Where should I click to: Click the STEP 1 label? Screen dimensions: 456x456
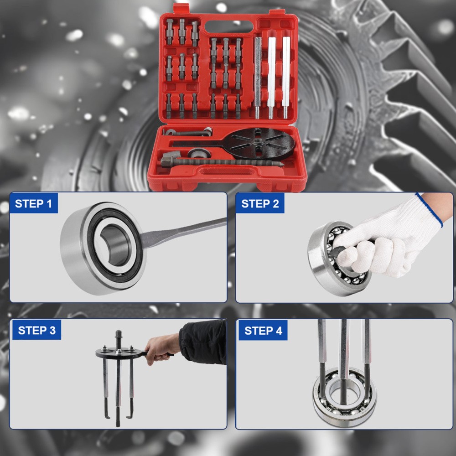(x=33, y=203)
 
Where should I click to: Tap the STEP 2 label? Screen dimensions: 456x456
(x=260, y=203)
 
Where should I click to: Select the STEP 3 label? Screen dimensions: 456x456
(x=36, y=330)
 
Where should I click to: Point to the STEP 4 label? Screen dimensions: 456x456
(x=263, y=331)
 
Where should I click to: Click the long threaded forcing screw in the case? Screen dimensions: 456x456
(x=223, y=162)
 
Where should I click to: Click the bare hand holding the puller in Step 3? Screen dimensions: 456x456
(x=162, y=348)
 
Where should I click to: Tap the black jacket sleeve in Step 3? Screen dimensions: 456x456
(x=203, y=342)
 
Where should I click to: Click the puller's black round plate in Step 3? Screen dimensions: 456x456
(x=119, y=352)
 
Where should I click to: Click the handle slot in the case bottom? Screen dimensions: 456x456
(x=226, y=171)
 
